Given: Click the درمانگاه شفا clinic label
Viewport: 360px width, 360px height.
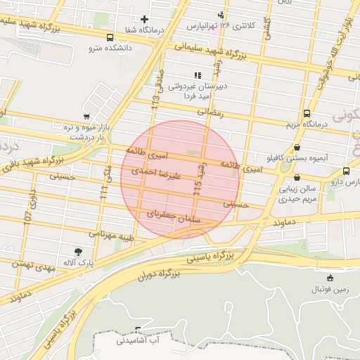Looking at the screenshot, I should click(145, 30).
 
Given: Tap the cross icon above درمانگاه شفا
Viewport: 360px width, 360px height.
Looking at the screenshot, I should click(145, 19).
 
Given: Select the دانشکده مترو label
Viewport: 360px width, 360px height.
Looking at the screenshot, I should click(109, 49).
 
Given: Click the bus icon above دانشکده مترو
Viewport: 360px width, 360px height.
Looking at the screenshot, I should click(109, 38).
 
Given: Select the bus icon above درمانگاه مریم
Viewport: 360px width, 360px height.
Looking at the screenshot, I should click(306, 113).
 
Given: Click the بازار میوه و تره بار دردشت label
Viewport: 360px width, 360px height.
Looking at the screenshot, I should click(85, 132).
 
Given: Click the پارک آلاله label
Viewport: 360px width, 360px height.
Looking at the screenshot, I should click(77, 262).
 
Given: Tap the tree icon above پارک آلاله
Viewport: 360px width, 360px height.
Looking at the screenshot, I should click(77, 251).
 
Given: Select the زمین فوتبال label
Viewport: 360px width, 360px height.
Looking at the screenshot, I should click(330, 288).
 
